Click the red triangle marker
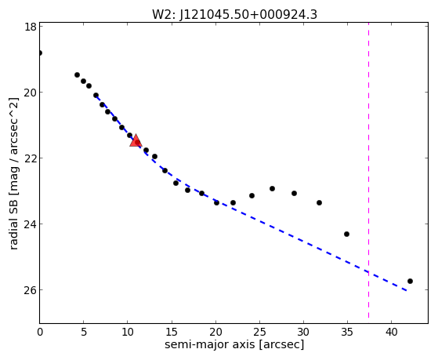click(136, 140)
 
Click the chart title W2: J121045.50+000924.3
click(234, 14)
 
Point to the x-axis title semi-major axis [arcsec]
click(234, 344)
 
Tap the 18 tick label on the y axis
click(30, 27)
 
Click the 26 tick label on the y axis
click(30, 290)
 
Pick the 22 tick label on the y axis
click(30, 158)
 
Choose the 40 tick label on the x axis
click(391, 332)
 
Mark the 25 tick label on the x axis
click(259, 332)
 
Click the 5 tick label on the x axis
click(84, 332)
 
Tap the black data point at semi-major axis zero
click(40, 53)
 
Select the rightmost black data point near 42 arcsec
click(410, 281)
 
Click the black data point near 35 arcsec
click(346, 235)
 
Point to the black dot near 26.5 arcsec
click(272, 188)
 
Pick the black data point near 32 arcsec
click(319, 202)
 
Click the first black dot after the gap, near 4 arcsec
click(77, 75)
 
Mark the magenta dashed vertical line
click(368, 170)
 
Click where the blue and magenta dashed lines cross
click(368, 272)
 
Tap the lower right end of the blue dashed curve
click(407, 291)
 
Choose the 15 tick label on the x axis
click(172, 332)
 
